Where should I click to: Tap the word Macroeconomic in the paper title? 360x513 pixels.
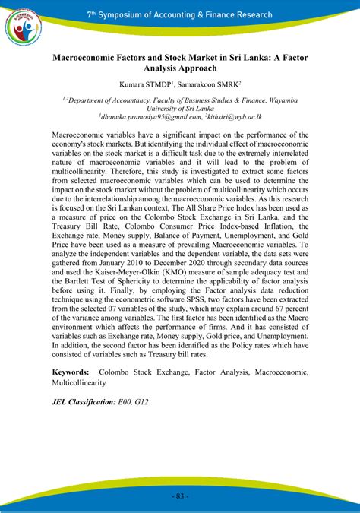tap(92, 57)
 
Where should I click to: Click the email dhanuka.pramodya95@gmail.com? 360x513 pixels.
tap(150, 116)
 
